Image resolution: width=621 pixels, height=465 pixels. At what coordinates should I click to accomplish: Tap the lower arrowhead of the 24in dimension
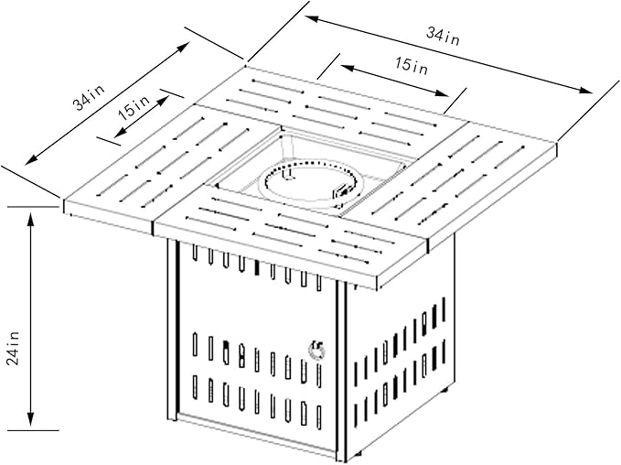click(31, 419)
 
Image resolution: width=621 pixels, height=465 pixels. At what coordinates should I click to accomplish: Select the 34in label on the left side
click(89, 98)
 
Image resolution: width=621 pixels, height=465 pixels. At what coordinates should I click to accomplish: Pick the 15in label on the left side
click(134, 107)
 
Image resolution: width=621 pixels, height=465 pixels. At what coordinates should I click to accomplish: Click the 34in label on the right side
click(444, 36)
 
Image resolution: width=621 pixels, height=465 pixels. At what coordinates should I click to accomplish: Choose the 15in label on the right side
click(412, 65)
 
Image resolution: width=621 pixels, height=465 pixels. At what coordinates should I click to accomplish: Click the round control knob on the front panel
click(316, 349)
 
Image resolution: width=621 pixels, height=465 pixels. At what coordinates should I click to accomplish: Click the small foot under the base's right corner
click(445, 390)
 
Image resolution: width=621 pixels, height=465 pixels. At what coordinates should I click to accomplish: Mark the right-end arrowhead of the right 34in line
click(586, 91)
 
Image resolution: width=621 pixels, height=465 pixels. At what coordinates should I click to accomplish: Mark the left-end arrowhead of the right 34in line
click(311, 18)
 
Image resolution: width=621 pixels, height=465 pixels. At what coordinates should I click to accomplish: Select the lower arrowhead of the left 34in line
click(30, 160)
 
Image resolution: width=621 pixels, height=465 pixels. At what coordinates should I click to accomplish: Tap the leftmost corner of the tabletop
click(64, 200)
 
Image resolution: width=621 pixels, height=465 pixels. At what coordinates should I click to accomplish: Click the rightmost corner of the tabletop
click(556, 143)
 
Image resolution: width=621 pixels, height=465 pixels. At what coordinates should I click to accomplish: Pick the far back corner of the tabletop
click(245, 66)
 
